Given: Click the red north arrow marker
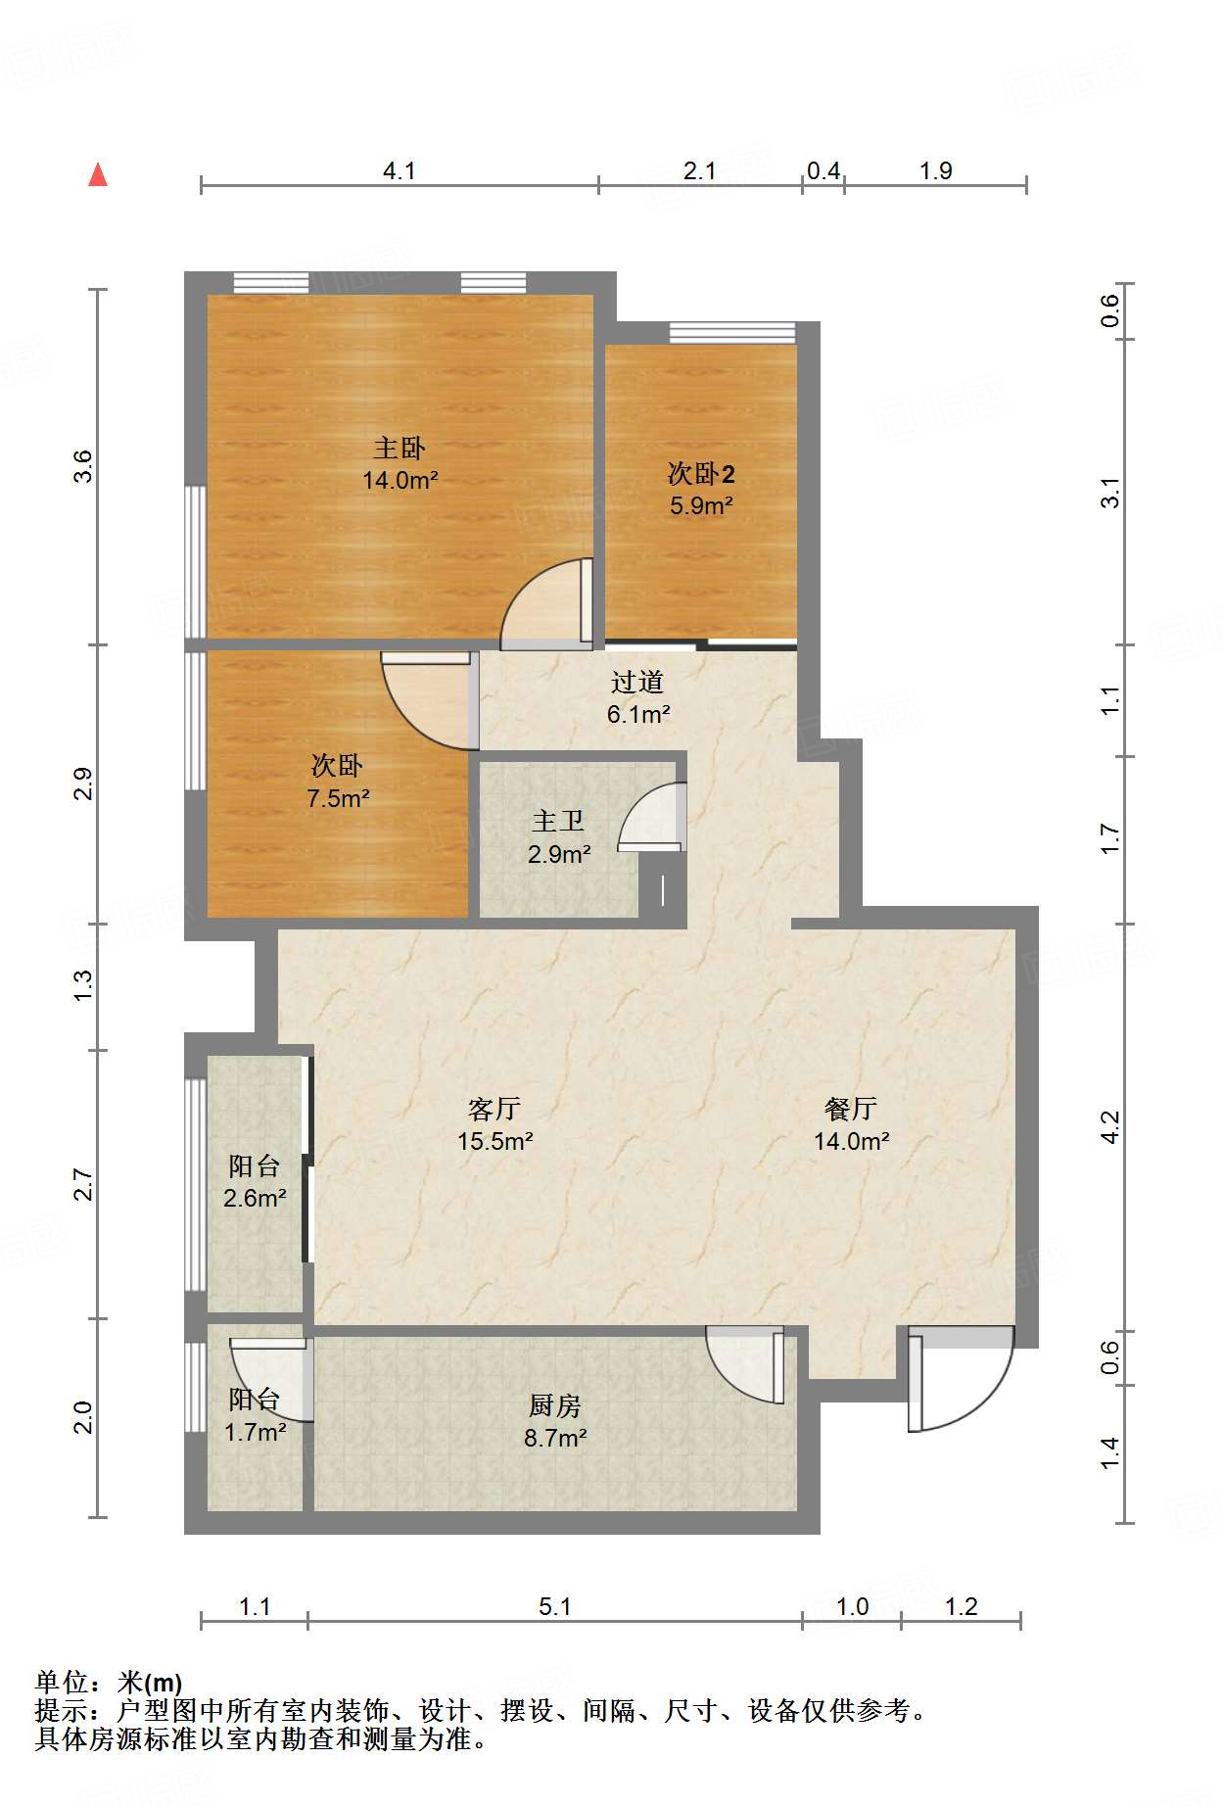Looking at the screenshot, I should click(x=98, y=175).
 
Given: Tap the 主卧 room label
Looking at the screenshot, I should click(x=400, y=449).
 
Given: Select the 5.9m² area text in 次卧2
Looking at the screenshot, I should click(x=701, y=506).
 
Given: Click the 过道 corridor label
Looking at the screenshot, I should click(x=637, y=682).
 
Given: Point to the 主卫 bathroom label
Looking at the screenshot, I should click(x=558, y=822).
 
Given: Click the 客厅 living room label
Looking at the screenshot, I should click(x=494, y=1109).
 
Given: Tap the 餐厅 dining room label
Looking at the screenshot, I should click(x=851, y=1109).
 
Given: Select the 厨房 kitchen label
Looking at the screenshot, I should click(x=555, y=1406).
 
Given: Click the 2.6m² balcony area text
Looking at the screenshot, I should click(x=255, y=1198).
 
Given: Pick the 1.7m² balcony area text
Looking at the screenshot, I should click(x=255, y=1433).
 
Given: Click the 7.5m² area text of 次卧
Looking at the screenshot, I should click(x=338, y=798).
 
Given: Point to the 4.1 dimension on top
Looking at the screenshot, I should click(x=400, y=171).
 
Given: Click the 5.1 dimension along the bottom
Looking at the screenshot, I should click(x=555, y=1607).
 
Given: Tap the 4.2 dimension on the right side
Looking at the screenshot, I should click(x=1109, y=1126).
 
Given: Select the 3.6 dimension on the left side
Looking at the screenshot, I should click(x=83, y=466).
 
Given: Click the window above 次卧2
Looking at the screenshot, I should click(x=732, y=333).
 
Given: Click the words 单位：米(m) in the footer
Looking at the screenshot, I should click(x=109, y=1683).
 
